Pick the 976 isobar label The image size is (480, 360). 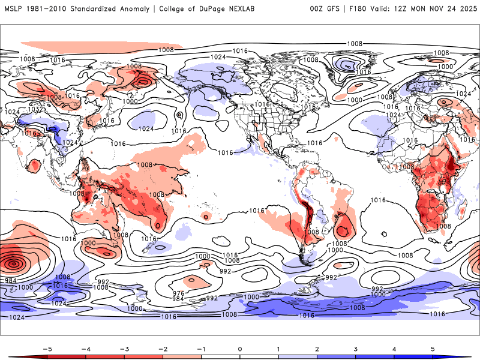(x=178, y=292)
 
